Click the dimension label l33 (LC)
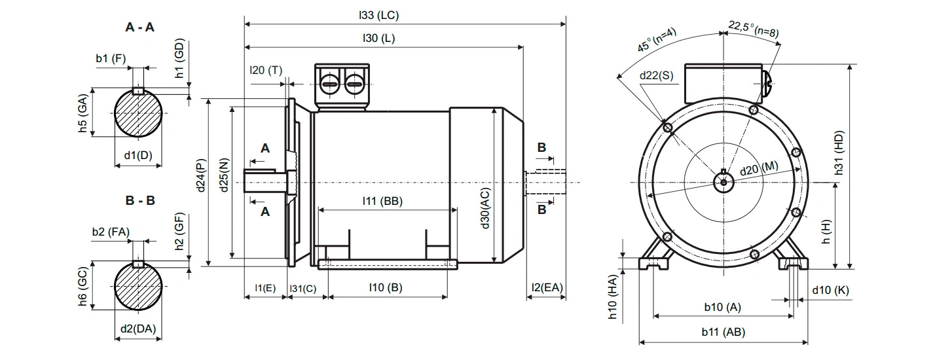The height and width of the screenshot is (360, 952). click(x=378, y=15)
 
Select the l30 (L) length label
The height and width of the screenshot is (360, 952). click(x=378, y=38)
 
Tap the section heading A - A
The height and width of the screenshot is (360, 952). click(x=140, y=27)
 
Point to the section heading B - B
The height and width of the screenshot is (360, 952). click(x=140, y=200)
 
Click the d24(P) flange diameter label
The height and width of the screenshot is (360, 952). click(x=201, y=175)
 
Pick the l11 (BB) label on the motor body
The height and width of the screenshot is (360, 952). click(x=382, y=200)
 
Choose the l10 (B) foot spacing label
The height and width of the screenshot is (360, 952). click(x=386, y=287)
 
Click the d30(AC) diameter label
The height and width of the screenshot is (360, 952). click(x=485, y=208)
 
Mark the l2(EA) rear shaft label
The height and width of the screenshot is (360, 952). click(x=547, y=287)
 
